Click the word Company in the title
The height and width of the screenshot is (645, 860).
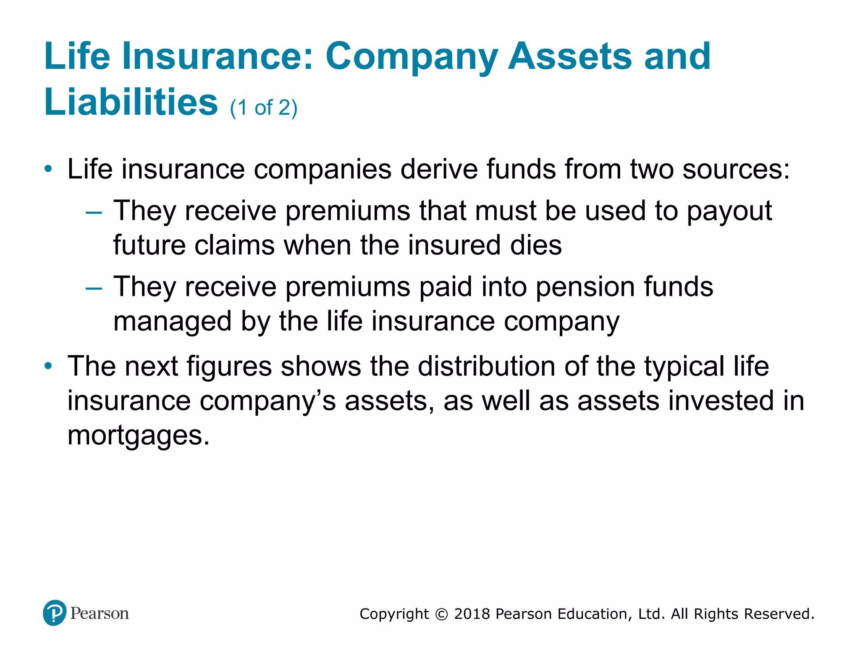pyautogui.click(x=412, y=57)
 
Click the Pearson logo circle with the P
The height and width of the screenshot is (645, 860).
pyautogui.click(x=55, y=613)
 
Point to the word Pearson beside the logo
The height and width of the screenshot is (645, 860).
pyautogui.click(x=100, y=614)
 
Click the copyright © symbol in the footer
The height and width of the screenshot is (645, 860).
pyautogui.click(x=441, y=614)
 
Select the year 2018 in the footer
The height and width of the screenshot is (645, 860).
pyautogui.click(x=472, y=614)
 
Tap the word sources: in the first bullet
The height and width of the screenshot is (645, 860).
pyautogui.click(x=736, y=169)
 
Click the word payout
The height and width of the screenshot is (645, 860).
pyautogui.click(x=729, y=211)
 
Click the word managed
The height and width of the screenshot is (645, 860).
pyautogui.click(x=173, y=322)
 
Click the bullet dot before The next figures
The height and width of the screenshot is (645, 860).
pyautogui.click(x=49, y=366)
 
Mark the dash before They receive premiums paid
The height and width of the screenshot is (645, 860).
pyautogui.click(x=94, y=288)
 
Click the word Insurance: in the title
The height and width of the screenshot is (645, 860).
pyautogui.click(x=218, y=57)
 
